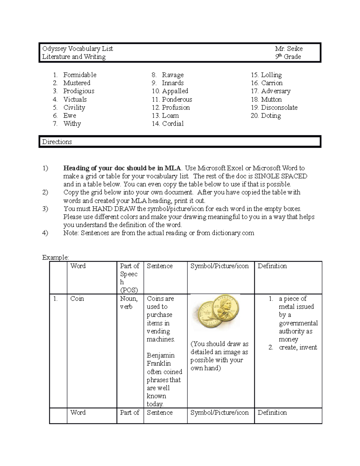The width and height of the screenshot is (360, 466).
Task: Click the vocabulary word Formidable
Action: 79,75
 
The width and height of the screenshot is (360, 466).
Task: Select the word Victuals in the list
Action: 75,100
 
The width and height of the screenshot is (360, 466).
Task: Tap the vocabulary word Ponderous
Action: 177,100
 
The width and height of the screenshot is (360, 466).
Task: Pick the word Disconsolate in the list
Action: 279,108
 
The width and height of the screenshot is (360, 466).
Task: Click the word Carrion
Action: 271,83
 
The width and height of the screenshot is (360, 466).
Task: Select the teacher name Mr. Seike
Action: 289,49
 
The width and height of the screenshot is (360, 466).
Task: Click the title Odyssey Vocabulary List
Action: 77,49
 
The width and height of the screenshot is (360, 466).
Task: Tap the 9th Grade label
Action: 288,57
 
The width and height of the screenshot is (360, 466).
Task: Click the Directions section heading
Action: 57,142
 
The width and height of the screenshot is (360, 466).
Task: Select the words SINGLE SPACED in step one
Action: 280,176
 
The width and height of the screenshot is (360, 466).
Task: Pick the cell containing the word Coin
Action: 77,299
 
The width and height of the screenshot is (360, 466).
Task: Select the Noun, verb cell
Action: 129,303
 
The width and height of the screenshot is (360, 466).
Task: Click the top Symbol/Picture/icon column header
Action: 219,266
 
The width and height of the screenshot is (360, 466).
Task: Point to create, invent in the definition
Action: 298,347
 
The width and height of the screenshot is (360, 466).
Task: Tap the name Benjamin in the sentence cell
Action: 160,356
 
